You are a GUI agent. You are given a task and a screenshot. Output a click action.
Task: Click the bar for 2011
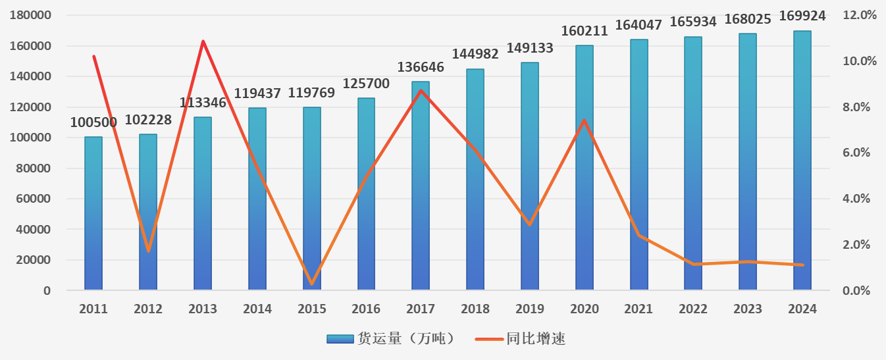pyautogui.click(x=93, y=214)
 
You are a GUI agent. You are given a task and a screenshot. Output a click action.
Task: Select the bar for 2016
pyautogui.click(x=366, y=194)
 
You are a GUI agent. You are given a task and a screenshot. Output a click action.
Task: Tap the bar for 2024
pyautogui.click(x=802, y=161)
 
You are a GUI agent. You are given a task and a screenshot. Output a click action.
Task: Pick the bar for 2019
pyautogui.click(x=530, y=176)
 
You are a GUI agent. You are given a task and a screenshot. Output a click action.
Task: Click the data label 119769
pyautogui.click(x=311, y=93)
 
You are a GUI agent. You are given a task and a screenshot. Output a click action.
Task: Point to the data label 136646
pyautogui.click(x=421, y=67)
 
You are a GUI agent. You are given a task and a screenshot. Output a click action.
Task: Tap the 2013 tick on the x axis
pyautogui.click(x=203, y=309)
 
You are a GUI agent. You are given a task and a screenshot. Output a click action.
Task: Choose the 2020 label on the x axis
pyautogui.click(x=584, y=309)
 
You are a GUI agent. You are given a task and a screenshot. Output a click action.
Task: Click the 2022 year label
pyautogui.click(x=693, y=309)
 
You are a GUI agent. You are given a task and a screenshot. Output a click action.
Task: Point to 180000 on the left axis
pyautogui.click(x=31, y=15)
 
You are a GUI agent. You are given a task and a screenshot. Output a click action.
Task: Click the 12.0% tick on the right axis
pyautogui.click(x=860, y=15)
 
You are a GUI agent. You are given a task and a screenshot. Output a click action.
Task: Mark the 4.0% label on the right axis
pyautogui.click(x=857, y=199)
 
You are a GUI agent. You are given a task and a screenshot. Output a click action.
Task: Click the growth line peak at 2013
pyautogui.click(x=203, y=41)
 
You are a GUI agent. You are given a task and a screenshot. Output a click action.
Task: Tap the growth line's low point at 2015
pyautogui.click(x=311, y=284)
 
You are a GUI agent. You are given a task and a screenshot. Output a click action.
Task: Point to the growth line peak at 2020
pyautogui.click(x=584, y=120)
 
